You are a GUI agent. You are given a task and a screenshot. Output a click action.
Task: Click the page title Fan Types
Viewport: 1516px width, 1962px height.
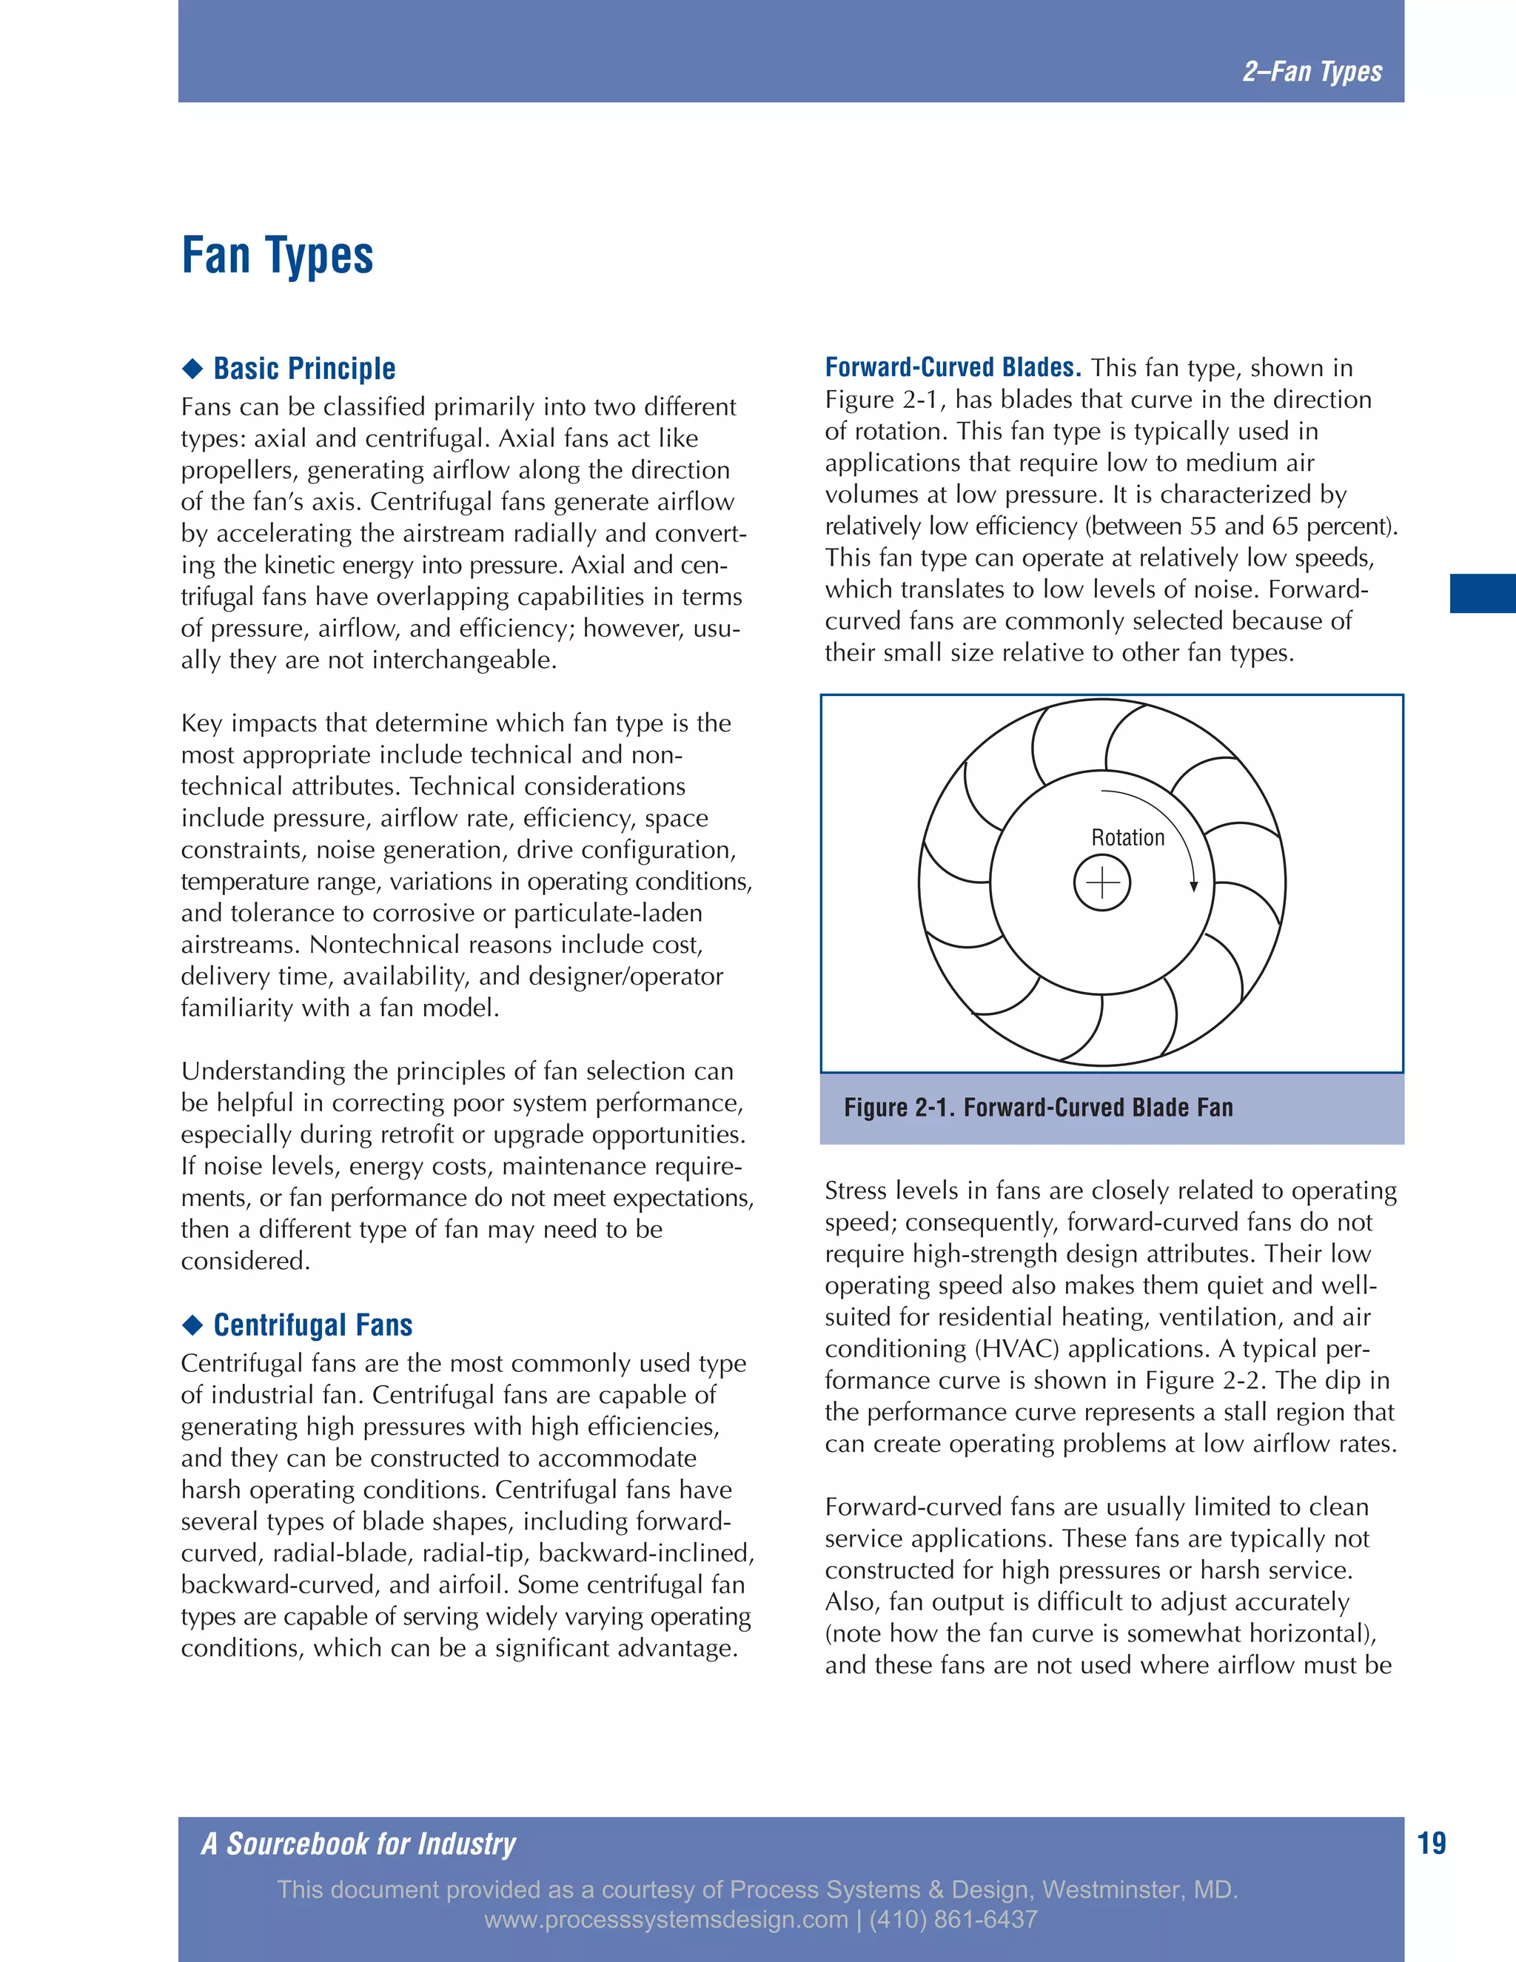coord(277,256)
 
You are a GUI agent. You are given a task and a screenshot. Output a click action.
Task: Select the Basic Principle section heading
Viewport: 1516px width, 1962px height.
coord(304,368)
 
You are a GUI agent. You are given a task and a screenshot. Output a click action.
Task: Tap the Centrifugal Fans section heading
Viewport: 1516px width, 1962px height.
coord(312,1325)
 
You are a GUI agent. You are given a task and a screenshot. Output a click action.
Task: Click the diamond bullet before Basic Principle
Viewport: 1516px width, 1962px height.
coord(192,368)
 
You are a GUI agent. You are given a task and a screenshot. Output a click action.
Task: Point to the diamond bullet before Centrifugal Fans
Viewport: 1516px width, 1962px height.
coord(192,1325)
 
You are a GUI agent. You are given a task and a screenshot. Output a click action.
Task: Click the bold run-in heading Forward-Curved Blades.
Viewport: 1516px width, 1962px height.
coord(952,367)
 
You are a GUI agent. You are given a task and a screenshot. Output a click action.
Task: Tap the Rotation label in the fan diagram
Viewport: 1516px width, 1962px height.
coord(1127,837)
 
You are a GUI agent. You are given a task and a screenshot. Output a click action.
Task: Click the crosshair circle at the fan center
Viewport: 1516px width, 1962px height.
coord(1102,883)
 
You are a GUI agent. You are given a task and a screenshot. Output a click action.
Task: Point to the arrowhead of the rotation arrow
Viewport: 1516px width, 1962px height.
coord(1193,887)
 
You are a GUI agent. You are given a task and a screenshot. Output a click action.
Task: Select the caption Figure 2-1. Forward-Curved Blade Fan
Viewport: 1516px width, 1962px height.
coord(1039,1108)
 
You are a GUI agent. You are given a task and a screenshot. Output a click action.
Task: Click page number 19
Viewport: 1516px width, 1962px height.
coord(1432,1844)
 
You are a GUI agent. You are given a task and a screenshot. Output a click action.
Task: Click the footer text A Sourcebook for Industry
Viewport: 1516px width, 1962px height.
coord(358,1844)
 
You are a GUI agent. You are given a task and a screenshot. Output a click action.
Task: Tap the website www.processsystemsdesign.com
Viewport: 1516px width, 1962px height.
coord(665,1920)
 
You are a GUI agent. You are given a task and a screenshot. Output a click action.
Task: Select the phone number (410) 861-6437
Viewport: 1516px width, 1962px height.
coord(953,1920)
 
